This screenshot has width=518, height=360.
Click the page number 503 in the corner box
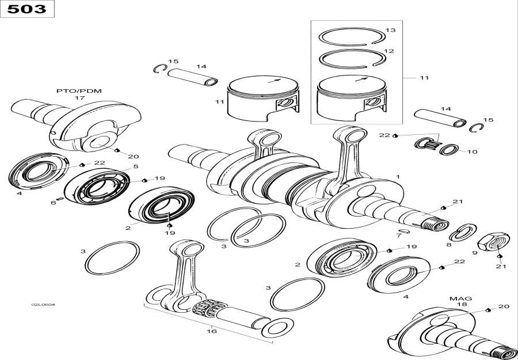point(26,9)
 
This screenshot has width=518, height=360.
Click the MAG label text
point(460,298)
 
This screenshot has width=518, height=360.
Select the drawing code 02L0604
point(47,305)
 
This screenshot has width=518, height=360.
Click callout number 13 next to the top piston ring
point(390,30)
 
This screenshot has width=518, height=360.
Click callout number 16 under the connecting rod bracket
point(211,331)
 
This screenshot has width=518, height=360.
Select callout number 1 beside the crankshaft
point(397,176)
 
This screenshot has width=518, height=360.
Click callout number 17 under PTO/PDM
point(79,98)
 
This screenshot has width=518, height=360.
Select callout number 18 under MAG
point(462,305)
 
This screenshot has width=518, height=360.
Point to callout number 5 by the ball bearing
point(135,167)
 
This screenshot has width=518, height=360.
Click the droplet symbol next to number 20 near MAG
point(487,310)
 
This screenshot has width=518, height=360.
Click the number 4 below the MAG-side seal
point(406,297)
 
